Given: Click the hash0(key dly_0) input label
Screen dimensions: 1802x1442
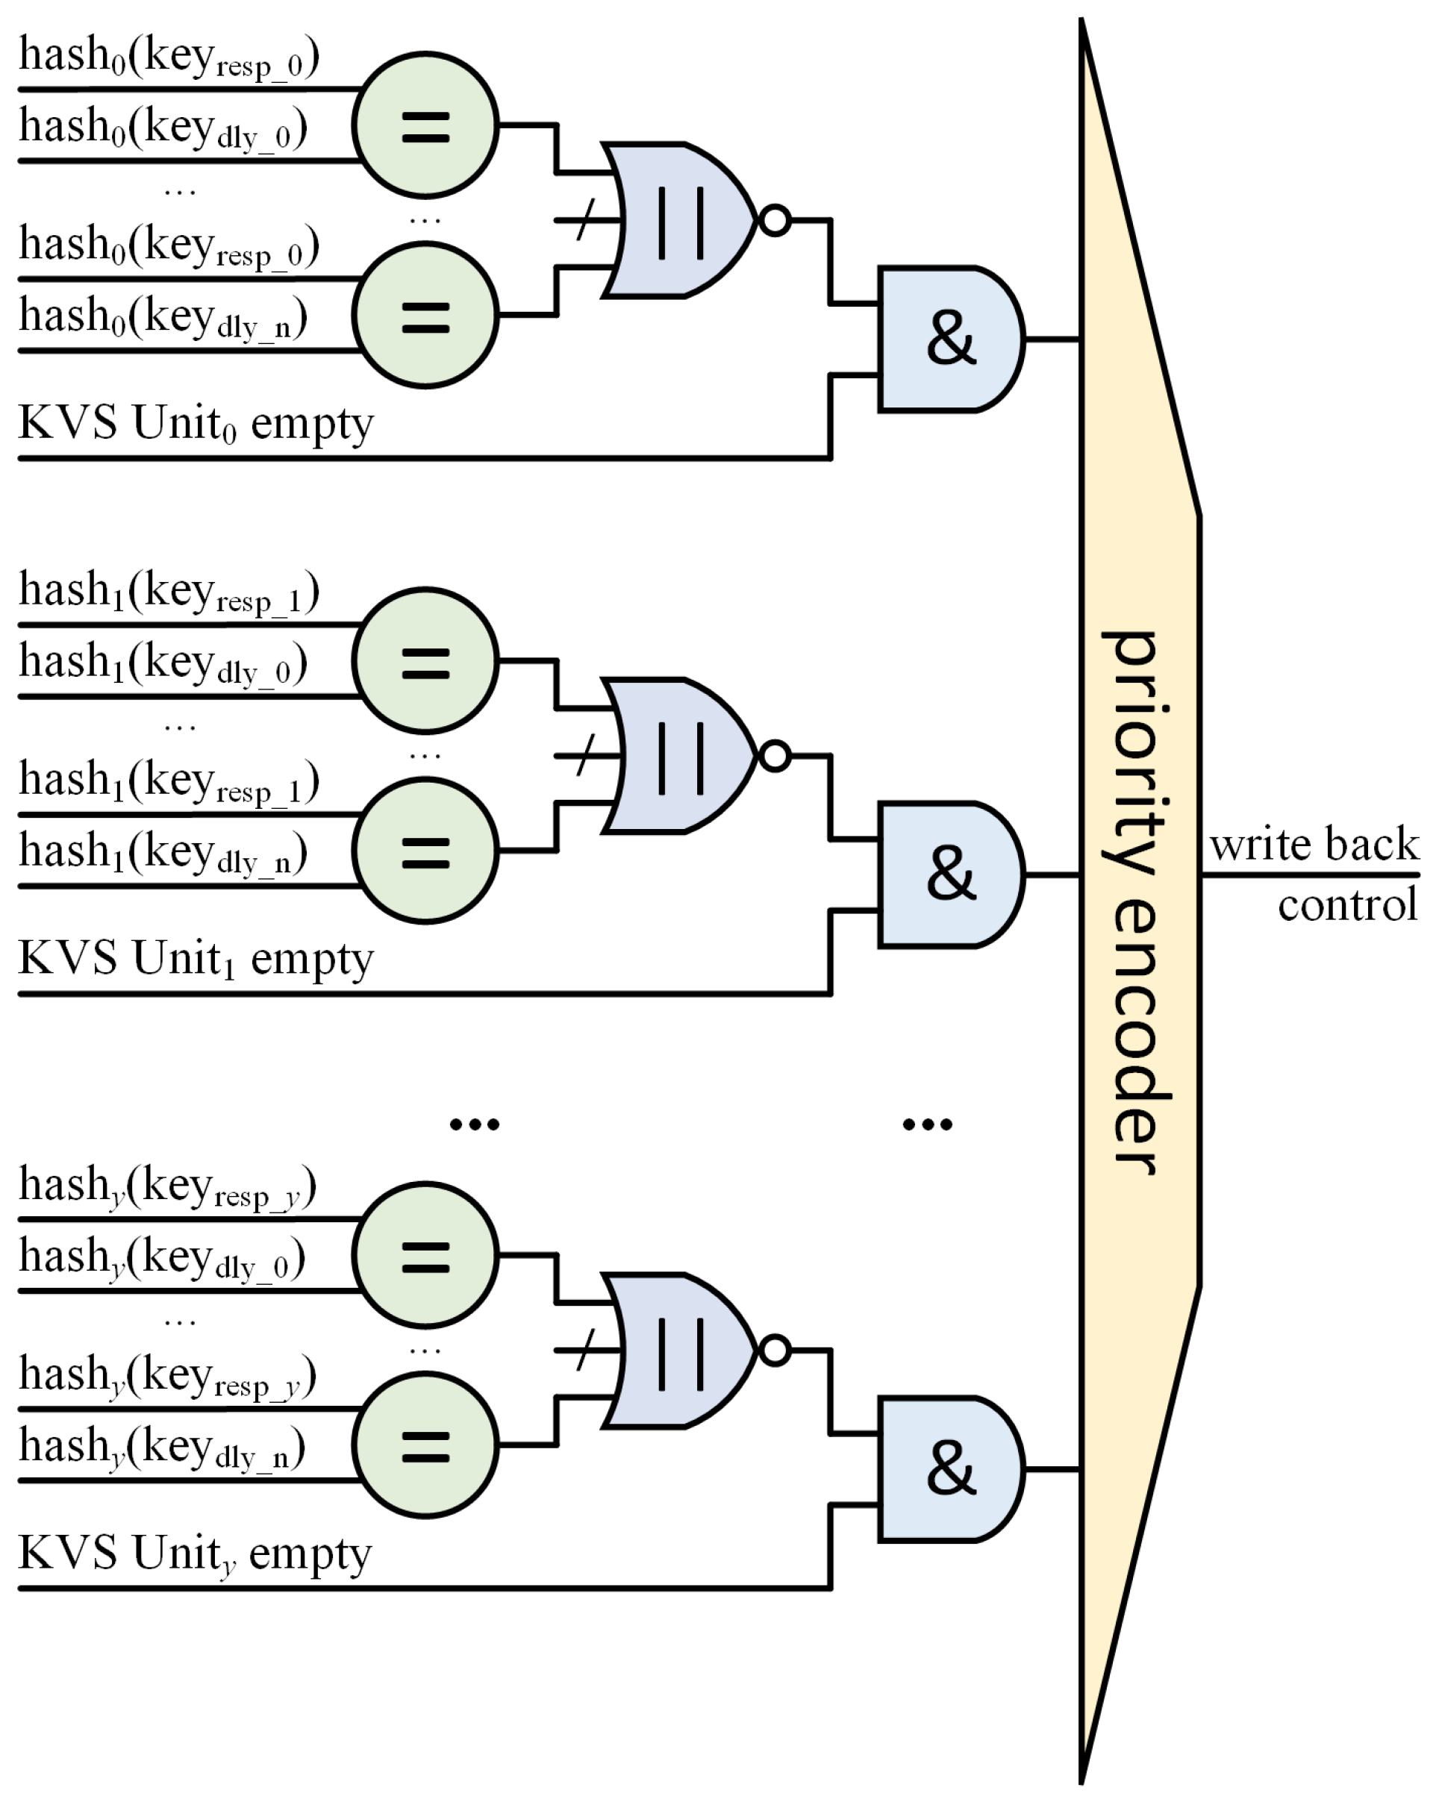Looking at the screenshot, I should coord(163,130).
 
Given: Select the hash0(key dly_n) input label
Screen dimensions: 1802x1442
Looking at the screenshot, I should coord(163,319).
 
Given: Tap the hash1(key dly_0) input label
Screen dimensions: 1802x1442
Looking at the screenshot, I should coord(163,665).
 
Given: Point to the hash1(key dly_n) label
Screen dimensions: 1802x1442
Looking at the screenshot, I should coord(163,854).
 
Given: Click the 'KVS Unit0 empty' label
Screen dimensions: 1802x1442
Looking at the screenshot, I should coord(196,423).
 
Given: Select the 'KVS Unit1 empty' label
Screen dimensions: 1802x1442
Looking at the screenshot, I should coord(196,959).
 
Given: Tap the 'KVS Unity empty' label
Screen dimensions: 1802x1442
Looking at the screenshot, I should coord(195,1554).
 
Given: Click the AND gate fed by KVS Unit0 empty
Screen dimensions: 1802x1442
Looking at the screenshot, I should coord(949,340).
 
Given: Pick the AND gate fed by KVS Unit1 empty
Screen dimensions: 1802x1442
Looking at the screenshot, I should coord(949,875).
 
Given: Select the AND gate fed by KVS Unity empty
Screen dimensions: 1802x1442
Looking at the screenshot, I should coord(949,1469).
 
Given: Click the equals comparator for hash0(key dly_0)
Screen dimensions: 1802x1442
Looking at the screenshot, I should coord(425,126).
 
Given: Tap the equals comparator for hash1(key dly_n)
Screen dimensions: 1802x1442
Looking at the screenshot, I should coord(425,851).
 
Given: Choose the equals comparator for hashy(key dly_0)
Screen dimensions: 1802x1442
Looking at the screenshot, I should coord(425,1255).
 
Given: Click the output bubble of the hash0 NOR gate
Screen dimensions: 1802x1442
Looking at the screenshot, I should coord(775,221).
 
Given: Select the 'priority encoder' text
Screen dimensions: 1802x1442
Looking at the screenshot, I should coord(1137,903).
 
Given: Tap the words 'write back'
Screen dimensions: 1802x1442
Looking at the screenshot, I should coord(1314,844).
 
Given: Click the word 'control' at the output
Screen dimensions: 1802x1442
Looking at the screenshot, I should coord(1346,905).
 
